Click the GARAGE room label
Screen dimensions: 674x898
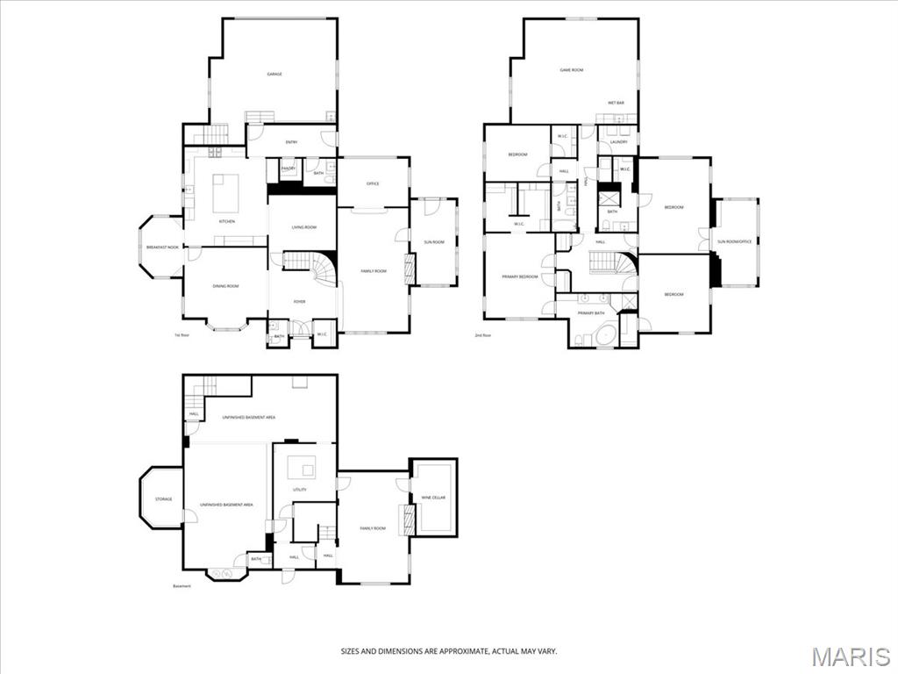[274, 75]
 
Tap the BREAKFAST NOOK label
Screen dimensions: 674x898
[162, 247]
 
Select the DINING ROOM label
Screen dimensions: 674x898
[226, 286]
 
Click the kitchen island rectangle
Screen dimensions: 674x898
[226, 193]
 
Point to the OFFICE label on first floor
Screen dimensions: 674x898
[372, 183]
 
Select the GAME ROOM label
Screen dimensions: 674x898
[572, 69]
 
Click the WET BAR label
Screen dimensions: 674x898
[616, 104]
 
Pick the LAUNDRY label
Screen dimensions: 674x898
[618, 141]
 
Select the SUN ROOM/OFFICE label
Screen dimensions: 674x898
[735, 241]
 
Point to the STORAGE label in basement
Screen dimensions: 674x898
[163, 498]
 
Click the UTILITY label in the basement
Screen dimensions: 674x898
[300, 489]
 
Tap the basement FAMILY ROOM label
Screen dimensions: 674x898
[373, 528]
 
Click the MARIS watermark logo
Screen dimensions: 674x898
[851, 656]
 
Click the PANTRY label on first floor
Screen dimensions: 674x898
[288, 168]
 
